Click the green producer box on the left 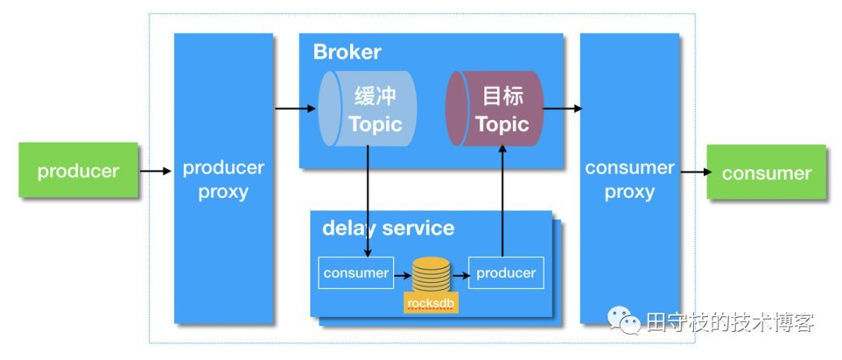pyautogui.click(x=78, y=171)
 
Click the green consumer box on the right pyautogui.click(x=766, y=173)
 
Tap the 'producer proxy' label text pyautogui.click(x=223, y=180)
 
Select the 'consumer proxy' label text pyautogui.click(x=629, y=180)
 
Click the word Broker pyautogui.click(x=347, y=52)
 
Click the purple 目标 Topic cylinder pyautogui.click(x=495, y=109)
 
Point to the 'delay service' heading pyautogui.click(x=387, y=228)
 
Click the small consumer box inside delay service pyautogui.click(x=356, y=273)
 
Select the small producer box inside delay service pyautogui.click(x=505, y=273)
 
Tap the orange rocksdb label pyautogui.click(x=431, y=302)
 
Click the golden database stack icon pyautogui.click(x=431, y=274)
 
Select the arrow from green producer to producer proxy pyautogui.click(x=156, y=171)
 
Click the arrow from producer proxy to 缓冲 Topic pyautogui.click(x=295, y=108)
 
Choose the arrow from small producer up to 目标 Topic pyautogui.click(x=503, y=203)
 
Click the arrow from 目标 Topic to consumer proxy pyautogui.click(x=562, y=108)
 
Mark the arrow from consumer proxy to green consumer pyautogui.click(x=692, y=172)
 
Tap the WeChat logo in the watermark pyautogui.click(x=624, y=320)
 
